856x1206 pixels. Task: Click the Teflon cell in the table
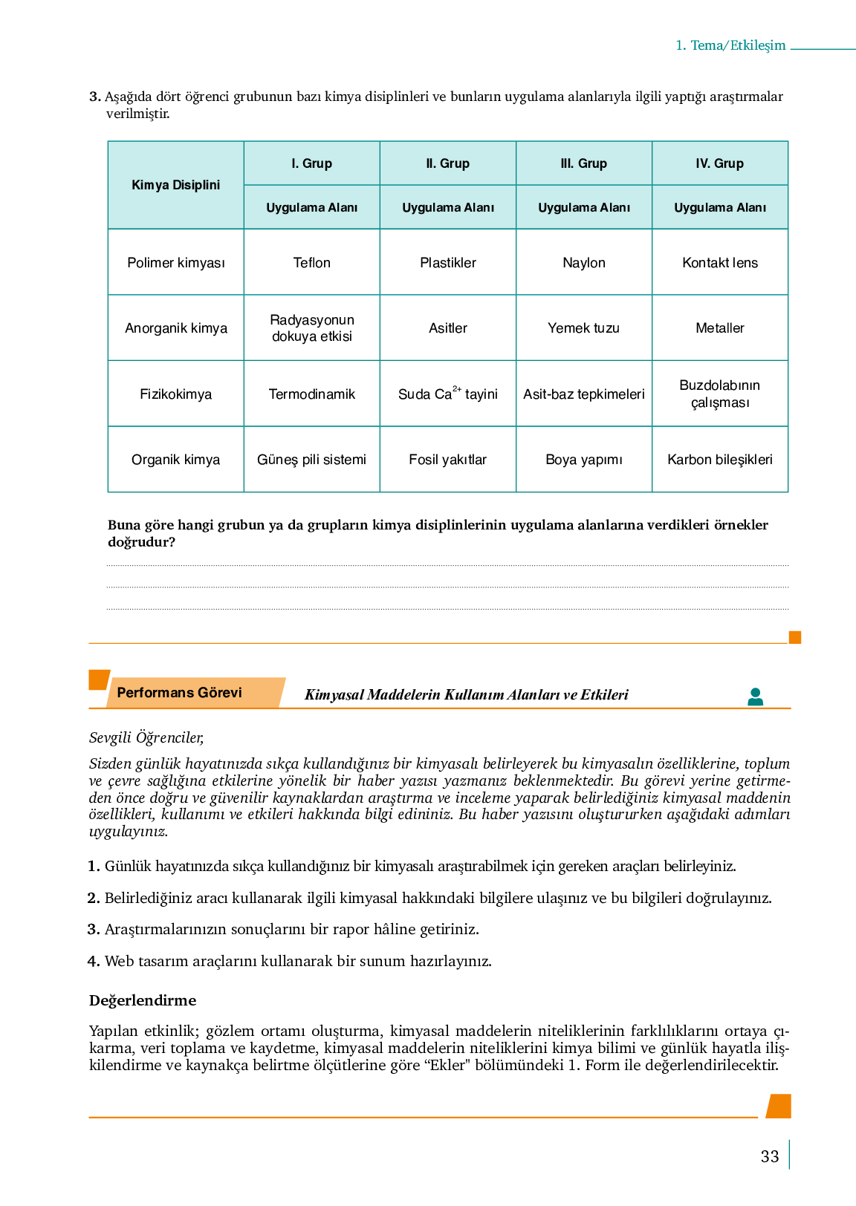click(x=311, y=263)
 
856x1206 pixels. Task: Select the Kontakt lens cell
click(x=719, y=263)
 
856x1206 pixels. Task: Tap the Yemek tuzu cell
click(x=583, y=328)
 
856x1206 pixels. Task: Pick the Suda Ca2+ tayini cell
click(x=447, y=394)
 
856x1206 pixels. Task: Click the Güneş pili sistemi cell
click(x=311, y=460)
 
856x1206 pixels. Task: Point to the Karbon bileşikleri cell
click(x=719, y=460)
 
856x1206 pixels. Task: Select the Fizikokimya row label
click(x=175, y=394)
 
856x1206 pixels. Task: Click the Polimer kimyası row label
click(x=175, y=263)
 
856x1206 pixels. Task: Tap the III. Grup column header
click(x=583, y=163)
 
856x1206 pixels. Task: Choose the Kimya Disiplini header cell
click(x=175, y=185)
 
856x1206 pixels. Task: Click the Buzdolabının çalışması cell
click(x=719, y=394)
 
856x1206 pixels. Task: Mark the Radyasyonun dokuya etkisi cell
click(x=311, y=328)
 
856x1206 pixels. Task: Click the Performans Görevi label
click(x=179, y=693)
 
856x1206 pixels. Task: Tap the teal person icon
click(x=755, y=697)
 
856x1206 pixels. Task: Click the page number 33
click(x=770, y=1157)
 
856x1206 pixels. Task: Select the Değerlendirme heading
click(x=143, y=1000)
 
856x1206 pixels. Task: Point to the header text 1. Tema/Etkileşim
click(x=730, y=45)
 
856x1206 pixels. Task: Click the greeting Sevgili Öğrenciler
click(x=146, y=737)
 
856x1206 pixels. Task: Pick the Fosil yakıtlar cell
click(x=447, y=460)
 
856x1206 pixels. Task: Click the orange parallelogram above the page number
click(x=778, y=1106)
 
